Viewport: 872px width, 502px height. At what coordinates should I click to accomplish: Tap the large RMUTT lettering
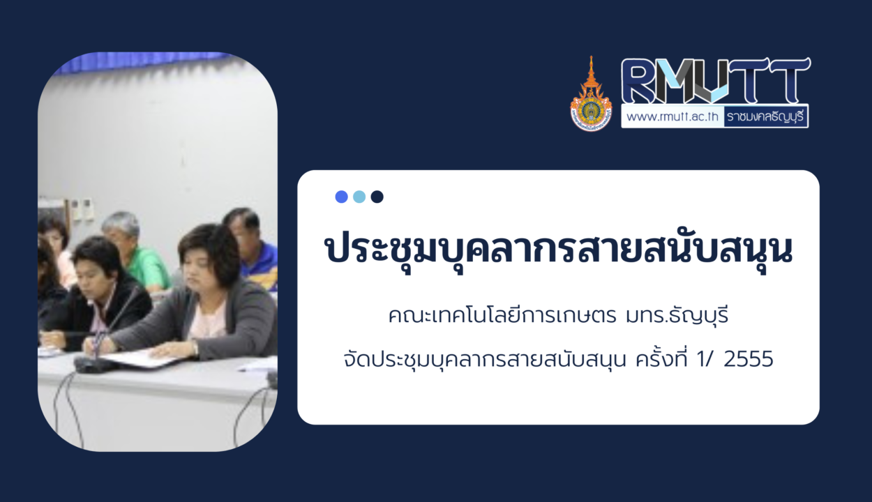(716, 81)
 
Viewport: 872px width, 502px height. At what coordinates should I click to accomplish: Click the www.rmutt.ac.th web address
(672, 116)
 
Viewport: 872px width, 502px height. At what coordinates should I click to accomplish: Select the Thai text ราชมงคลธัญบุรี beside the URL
(765, 116)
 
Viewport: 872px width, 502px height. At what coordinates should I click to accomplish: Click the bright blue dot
(341, 197)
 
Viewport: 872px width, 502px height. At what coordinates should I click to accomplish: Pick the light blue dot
(359, 197)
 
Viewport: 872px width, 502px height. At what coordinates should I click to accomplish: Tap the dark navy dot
(377, 197)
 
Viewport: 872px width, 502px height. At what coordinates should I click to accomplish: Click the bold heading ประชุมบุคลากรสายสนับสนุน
(558, 250)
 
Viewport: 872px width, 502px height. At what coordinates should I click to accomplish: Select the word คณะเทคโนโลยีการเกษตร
(502, 316)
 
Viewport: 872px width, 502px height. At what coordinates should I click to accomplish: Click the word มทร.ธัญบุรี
(677, 316)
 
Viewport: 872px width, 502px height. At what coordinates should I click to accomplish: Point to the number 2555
(749, 359)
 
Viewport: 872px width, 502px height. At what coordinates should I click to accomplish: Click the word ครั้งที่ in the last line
(661, 358)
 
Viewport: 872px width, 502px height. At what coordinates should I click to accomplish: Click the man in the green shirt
(135, 252)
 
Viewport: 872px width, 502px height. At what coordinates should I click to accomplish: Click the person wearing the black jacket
(98, 296)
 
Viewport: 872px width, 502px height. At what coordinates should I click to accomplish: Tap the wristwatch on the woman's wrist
(194, 347)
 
